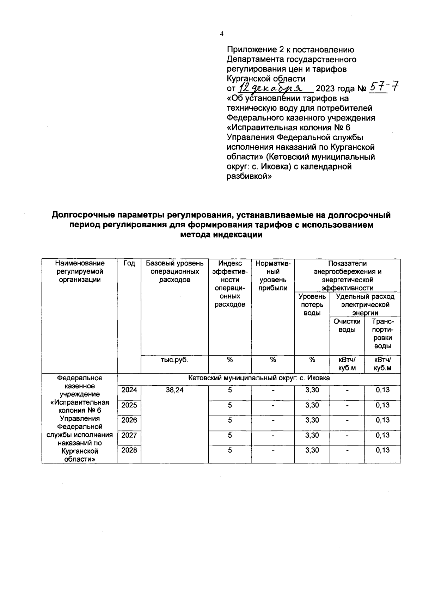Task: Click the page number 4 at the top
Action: tap(222, 34)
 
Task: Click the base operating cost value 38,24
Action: tap(174, 390)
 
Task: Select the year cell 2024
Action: tap(129, 390)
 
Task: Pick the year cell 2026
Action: tap(129, 420)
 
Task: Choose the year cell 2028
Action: tap(129, 450)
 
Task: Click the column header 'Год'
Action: tap(129, 264)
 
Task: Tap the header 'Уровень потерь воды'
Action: tap(312, 305)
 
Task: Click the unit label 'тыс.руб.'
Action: tap(174, 360)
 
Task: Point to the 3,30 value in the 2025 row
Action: tap(312, 405)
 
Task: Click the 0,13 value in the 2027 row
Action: tap(382, 435)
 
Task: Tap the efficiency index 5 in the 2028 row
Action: tap(230, 450)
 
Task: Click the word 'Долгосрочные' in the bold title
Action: tap(83, 215)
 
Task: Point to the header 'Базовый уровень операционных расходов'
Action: tap(174, 272)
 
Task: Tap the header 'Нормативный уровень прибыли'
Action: tap(273, 276)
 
